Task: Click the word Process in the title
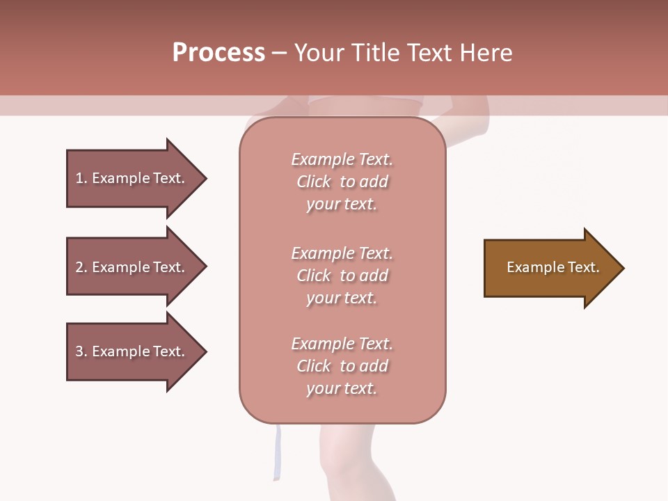click(x=218, y=53)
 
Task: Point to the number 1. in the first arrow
click(x=81, y=178)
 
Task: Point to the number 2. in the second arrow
click(x=81, y=267)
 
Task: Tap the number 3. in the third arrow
click(x=81, y=351)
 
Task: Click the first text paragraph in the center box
click(x=342, y=182)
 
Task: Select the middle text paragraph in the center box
click(x=342, y=276)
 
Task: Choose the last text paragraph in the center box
click(x=342, y=366)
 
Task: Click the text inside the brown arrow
click(x=552, y=267)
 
